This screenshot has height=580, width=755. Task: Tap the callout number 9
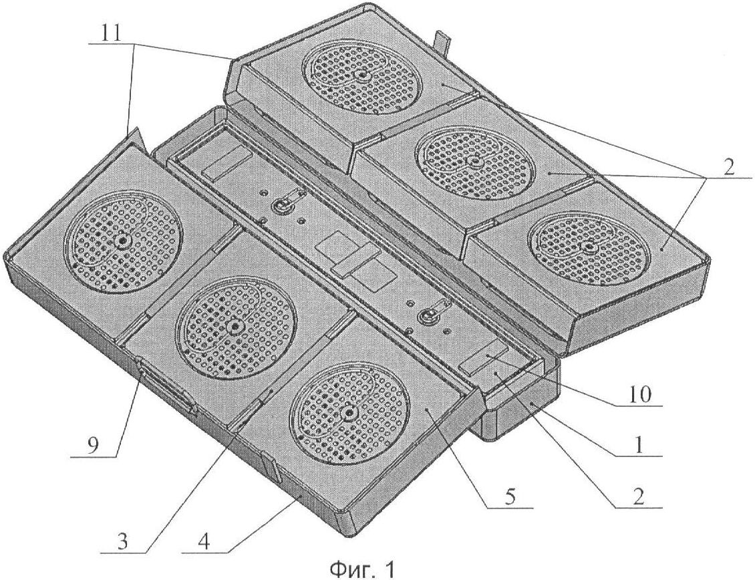click(92, 445)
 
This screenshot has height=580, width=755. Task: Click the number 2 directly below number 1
click(639, 498)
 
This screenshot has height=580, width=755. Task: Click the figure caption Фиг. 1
click(362, 570)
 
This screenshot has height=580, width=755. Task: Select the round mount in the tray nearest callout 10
click(426, 317)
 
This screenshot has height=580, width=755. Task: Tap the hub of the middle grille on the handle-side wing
click(235, 327)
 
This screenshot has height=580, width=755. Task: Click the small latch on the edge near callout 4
click(270, 466)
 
